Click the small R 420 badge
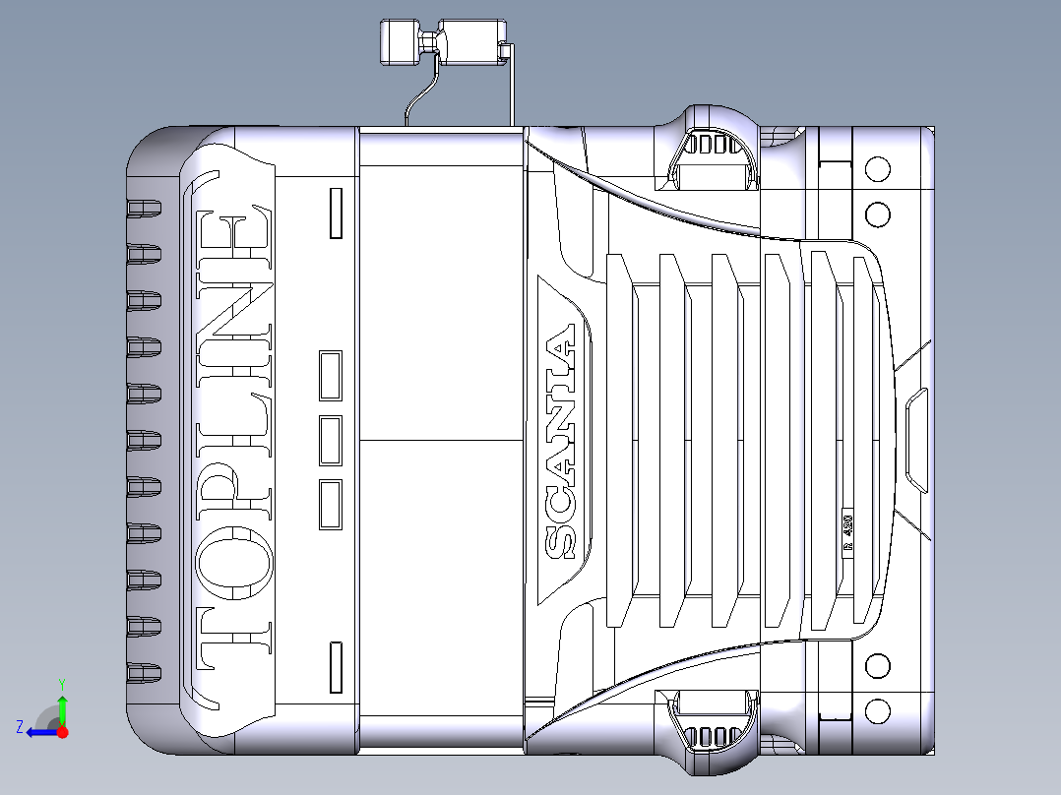pos(847,532)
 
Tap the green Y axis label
pos(61,683)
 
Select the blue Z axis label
pos(20,727)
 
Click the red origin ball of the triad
pos(62,731)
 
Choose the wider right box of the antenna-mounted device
pos(471,40)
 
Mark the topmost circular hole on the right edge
pos(877,168)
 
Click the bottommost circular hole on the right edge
pos(877,711)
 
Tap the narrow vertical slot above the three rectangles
pos(336,214)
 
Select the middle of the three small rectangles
pos(330,439)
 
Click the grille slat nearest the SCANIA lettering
pos(617,440)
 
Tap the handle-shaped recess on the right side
pos(915,439)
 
